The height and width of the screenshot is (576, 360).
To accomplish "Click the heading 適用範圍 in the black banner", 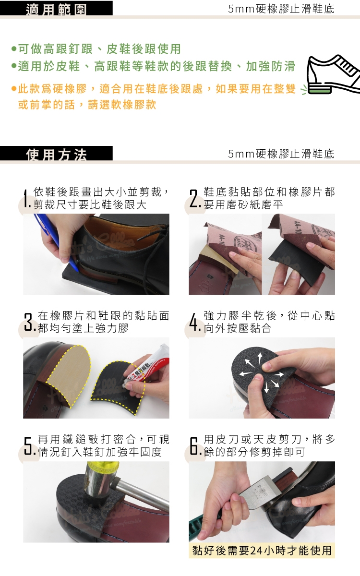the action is [56, 9].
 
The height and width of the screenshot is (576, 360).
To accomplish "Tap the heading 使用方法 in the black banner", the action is [56, 155].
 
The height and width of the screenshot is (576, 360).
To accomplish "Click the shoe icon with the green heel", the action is [332, 74].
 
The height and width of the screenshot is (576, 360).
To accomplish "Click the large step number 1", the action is [26, 198].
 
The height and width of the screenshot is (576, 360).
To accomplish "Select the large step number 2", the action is [194, 198].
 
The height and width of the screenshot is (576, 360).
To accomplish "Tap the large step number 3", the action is [29, 322].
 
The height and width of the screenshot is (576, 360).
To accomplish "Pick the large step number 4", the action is [195, 322].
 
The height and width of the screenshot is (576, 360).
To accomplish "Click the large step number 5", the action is [29, 446].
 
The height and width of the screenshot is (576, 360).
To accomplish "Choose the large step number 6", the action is [195, 446].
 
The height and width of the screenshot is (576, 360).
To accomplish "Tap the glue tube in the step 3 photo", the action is [146, 366].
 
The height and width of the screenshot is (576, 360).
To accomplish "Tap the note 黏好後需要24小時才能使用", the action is [262, 551].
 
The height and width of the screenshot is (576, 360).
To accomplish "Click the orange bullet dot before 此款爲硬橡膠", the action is [14, 89].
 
